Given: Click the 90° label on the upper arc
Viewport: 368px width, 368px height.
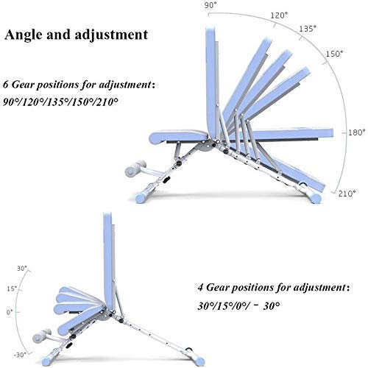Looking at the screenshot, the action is (210, 6).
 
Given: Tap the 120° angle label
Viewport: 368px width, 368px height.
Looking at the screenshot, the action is (279, 15).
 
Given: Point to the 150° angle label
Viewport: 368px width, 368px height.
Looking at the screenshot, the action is (334, 54).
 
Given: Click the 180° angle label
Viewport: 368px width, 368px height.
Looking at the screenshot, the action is (357, 132).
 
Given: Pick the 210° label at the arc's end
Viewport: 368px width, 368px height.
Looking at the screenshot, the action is (347, 194).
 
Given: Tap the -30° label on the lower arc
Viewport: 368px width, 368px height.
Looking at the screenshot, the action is (20, 355).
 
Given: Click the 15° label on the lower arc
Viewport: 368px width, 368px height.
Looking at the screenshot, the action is (12, 289).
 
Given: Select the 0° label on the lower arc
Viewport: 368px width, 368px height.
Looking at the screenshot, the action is (10, 312).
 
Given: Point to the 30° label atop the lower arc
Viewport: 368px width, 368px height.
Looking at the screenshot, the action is (21, 269).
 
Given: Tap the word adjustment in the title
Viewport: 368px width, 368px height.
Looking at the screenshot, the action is (111, 35).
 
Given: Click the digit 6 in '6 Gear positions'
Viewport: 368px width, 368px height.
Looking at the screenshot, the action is (6, 85).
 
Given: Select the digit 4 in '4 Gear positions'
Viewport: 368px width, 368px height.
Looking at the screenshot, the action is (201, 287).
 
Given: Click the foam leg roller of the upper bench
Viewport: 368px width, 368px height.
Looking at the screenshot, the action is (135, 168).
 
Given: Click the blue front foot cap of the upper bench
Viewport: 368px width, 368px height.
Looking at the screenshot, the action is (142, 197).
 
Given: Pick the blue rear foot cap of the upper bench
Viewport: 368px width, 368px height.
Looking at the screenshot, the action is (316, 197).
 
